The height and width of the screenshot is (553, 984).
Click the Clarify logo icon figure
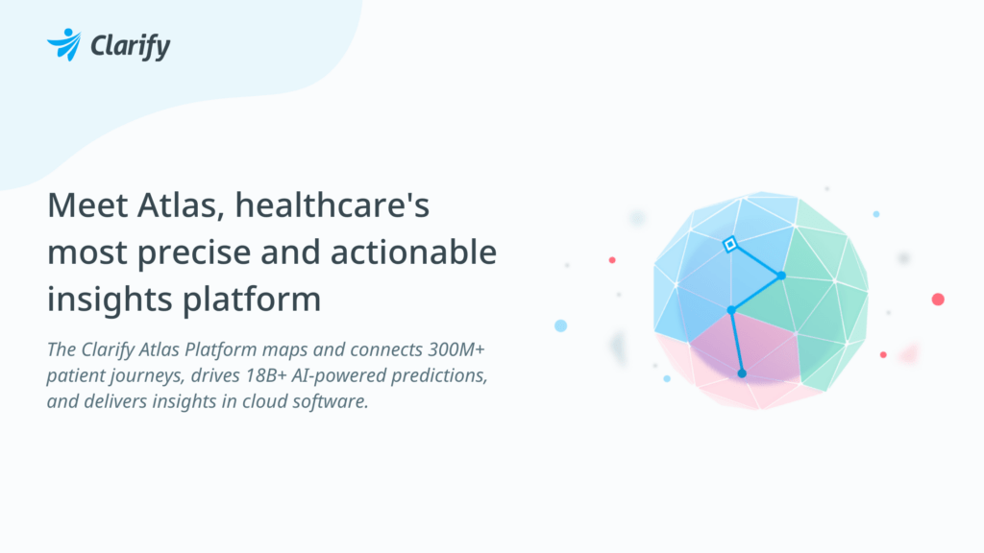pyautogui.click(x=65, y=44)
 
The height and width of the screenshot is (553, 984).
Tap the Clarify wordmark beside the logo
pyautogui.click(x=130, y=46)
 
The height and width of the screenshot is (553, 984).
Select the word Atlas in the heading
pyautogui.click(x=186, y=205)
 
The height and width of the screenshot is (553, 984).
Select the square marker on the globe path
pyautogui.click(x=729, y=245)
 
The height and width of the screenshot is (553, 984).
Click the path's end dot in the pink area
pyautogui.click(x=742, y=373)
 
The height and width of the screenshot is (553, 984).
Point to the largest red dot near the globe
pyautogui.click(x=938, y=300)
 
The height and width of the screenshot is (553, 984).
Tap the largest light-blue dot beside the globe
pyautogui.click(x=561, y=325)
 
